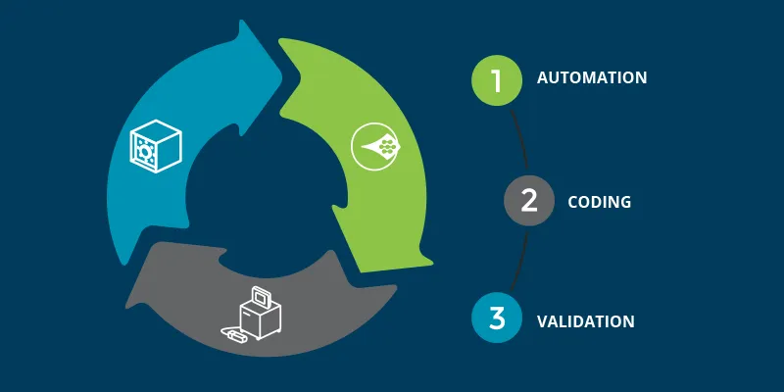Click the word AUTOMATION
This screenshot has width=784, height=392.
pos(592,77)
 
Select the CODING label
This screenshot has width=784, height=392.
pos(599,202)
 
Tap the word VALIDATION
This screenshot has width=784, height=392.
pos(586,320)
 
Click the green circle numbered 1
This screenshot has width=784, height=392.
pos(497,79)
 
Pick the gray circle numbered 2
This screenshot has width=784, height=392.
pos(529,201)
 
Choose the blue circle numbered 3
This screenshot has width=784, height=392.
pos(497,318)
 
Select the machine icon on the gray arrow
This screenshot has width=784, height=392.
pos(259,314)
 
